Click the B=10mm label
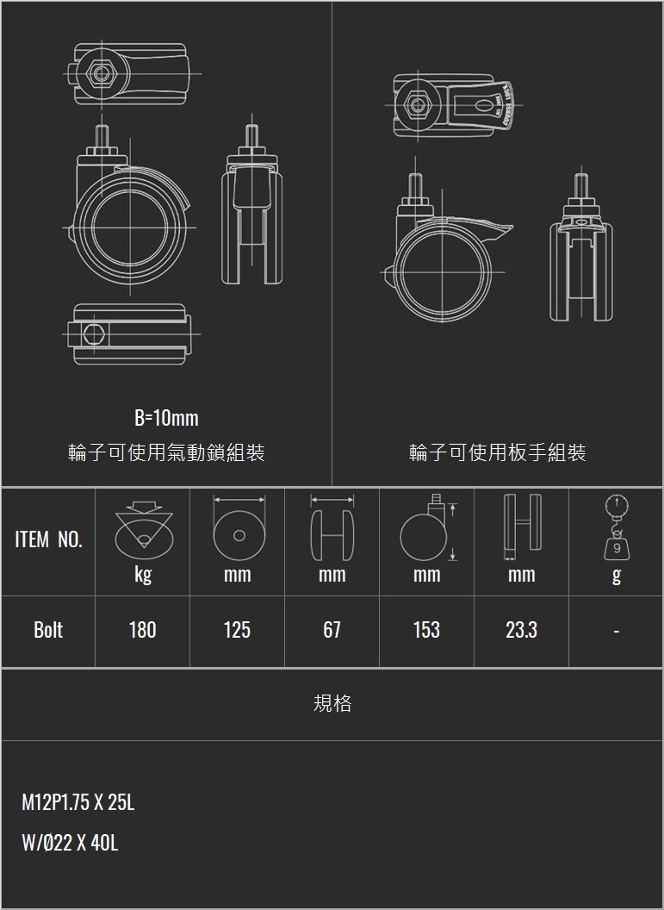[x=166, y=419]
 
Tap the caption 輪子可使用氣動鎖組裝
[x=166, y=452]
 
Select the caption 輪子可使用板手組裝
[x=498, y=452]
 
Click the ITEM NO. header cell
[x=48, y=541]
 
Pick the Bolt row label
[x=48, y=630]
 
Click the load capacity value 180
[x=142, y=630]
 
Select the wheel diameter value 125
[x=237, y=630]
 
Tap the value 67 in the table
[x=332, y=630]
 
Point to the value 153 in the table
[x=426, y=630]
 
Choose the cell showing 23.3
[x=521, y=630]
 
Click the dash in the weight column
[x=616, y=631]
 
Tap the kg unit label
[x=143, y=575]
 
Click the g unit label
[x=616, y=575]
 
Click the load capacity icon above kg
[x=143, y=528]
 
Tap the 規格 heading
[x=332, y=704]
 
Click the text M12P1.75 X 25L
[x=78, y=803]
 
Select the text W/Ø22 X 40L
[x=70, y=843]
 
